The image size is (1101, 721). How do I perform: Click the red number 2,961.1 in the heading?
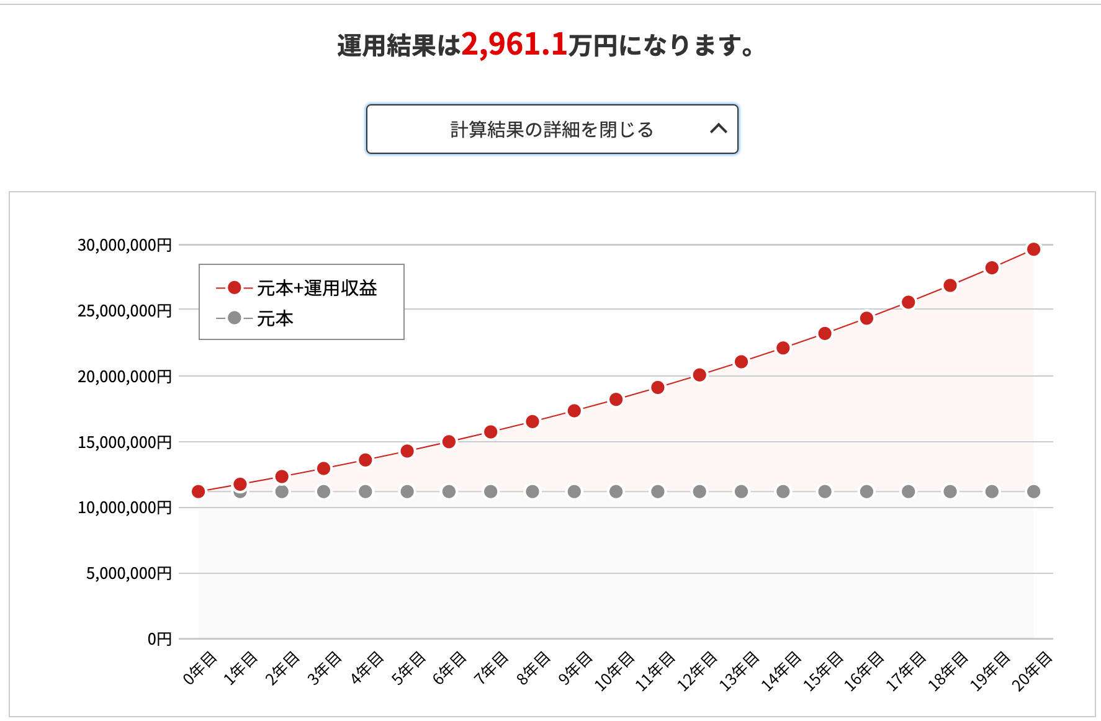point(514,45)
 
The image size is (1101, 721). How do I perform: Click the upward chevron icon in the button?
point(718,128)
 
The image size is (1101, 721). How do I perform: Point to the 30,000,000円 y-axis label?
point(124,245)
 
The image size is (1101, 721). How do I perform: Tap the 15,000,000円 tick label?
point(124,442)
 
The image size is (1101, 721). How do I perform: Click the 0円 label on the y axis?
point(160,638)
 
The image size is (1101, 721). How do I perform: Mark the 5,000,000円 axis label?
point(128,573)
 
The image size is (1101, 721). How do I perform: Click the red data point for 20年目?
point(1033,249)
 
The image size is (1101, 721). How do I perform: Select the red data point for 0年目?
point(199,491)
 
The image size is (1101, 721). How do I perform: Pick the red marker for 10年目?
point(616,399)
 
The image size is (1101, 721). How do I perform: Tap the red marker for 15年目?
point(825,333)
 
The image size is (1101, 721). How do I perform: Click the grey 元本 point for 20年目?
point(1033,491)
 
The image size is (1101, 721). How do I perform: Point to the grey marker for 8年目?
point(533,491)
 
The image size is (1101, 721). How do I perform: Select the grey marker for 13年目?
point(741,491)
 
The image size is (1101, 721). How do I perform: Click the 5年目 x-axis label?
point(409,668)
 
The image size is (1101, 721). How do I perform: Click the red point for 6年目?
point(449,442)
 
